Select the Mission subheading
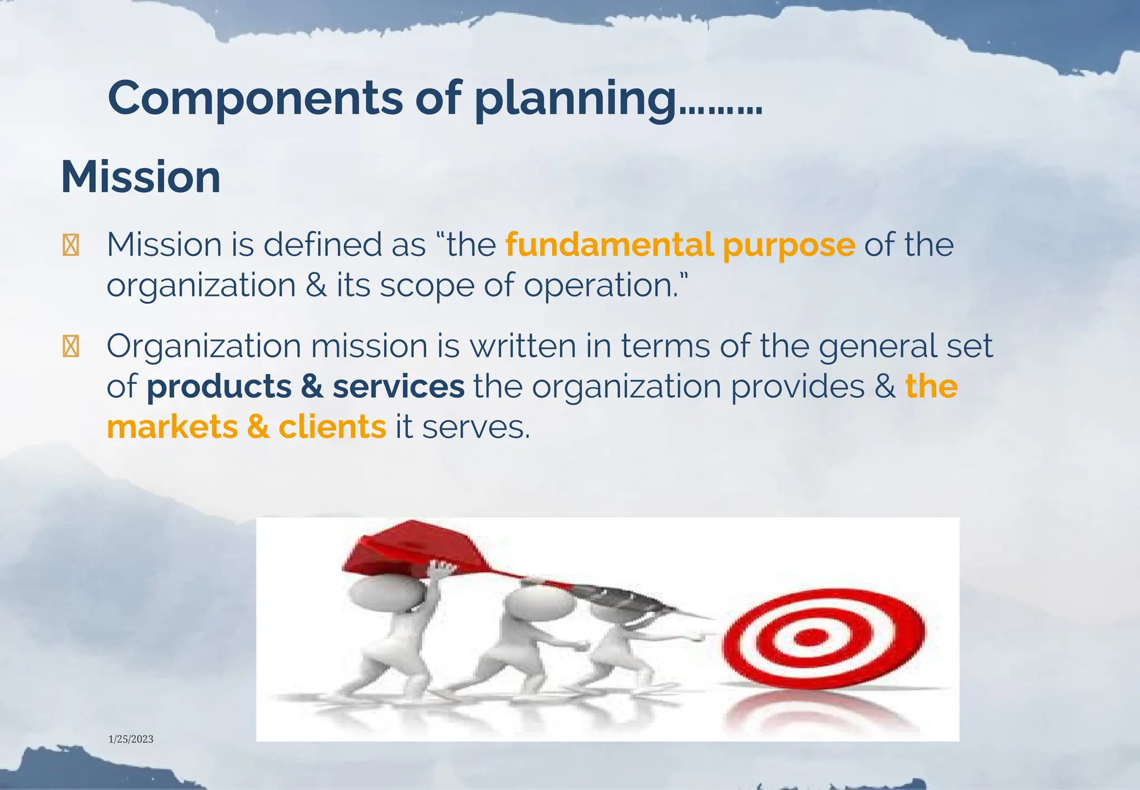[x=140, y=177]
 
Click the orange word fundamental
[x=610, y=245]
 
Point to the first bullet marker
[x=71, y=246]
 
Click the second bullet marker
[x=71, y=347]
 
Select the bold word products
[x=218, y=387]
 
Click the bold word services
[x=398, y=387]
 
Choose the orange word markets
[x=172, y=427]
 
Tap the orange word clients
[x=332, y=427]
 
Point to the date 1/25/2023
[x=131, y=739]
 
